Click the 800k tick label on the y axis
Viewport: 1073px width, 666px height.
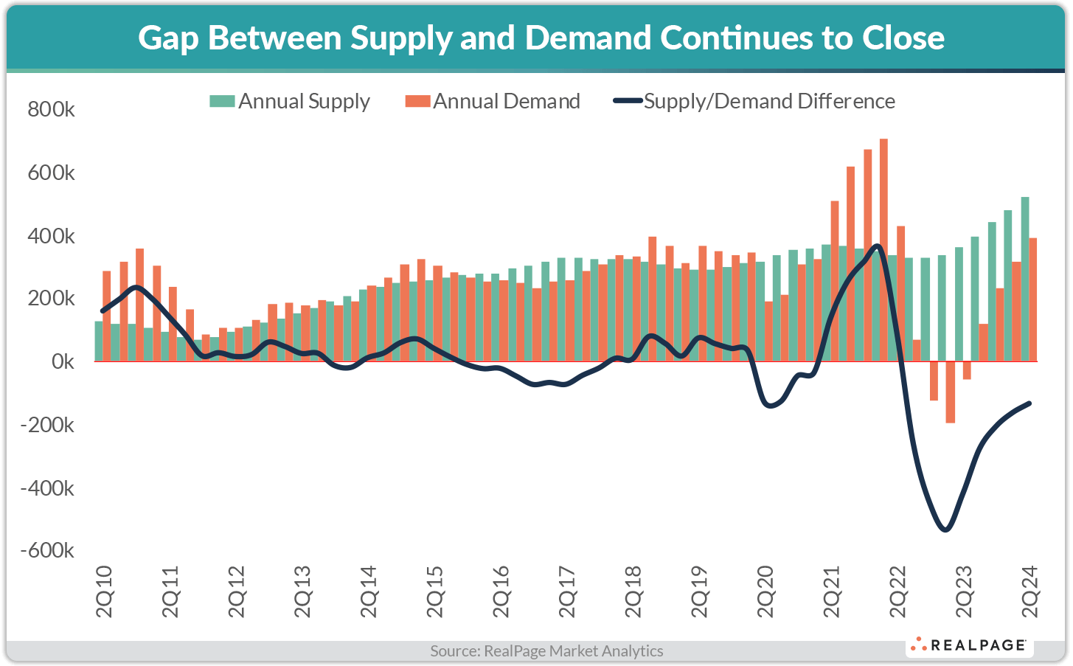(x=51, y=110)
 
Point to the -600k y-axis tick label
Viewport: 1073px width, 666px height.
(x=47, y=551)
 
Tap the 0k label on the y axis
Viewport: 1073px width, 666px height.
(x=63, y=362)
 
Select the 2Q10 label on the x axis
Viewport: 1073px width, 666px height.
(x=104, y=592)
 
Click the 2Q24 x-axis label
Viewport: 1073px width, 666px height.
(x=1029, y=592)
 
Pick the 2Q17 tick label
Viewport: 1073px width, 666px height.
(x=566, y=592)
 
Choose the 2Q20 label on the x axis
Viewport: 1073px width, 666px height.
(x=765, y=592)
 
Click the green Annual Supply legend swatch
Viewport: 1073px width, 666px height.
(x=222, y=101)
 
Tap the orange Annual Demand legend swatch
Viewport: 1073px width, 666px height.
(x=417, y=101)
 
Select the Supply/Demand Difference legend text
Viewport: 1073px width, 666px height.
(x=769, y=101)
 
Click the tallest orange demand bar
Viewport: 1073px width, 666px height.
(x=883, y=251)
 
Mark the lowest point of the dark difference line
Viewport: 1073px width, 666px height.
(x=945, y=530)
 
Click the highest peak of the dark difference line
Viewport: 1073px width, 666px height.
(x=876, y=246)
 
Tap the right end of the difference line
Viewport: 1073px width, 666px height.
(x=1029, y=403)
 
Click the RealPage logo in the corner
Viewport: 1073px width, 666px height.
(x=969, y=645)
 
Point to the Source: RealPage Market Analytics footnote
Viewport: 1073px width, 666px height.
(x=546, y=651)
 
